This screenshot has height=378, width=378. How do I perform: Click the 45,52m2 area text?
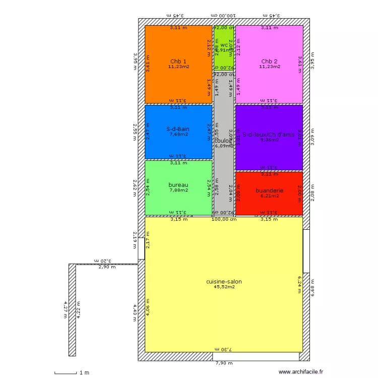[224, 287]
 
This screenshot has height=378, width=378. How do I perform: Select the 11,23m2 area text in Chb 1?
[178, 67]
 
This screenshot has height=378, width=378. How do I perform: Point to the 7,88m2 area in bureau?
[178, 190]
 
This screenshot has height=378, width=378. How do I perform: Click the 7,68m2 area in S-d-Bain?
[178, 134]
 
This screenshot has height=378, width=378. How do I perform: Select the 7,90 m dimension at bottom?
[224, 363]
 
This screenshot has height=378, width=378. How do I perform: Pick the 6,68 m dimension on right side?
[312, 292]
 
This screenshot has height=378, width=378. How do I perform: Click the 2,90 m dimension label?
[106, 267]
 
